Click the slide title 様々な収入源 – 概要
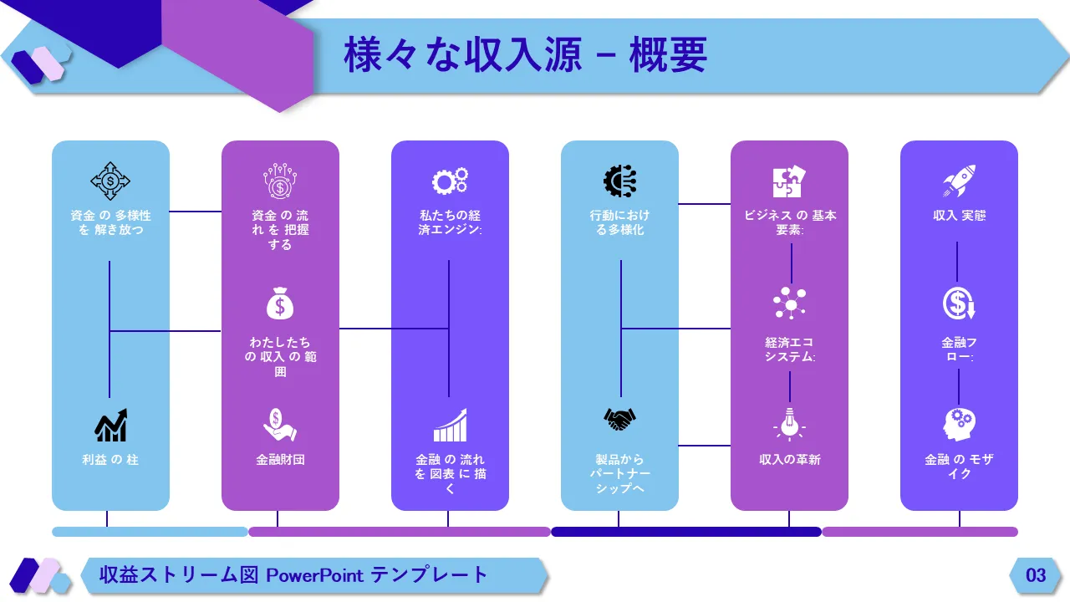click(526, 55)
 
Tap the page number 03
click(1036, 575)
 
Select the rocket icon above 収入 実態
click(959, 181)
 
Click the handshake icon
click(619, 419)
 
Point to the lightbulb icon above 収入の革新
click(789, 423)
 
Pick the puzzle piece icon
click(789, 181)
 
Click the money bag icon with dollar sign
click(280, 303)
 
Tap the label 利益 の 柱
click(110, 459)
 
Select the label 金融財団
click(280, 459)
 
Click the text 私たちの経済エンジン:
click(450, 222)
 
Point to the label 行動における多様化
click(619, 222)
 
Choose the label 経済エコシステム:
click(789, 349)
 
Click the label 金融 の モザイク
click(959, 467)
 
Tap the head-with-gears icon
click(959, 425)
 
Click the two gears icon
click(450, 181)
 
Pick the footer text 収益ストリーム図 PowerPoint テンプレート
click(293, 575)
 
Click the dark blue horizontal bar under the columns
click(685, 532)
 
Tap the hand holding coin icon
click(280, 425)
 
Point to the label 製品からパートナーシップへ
click(619, 473)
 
